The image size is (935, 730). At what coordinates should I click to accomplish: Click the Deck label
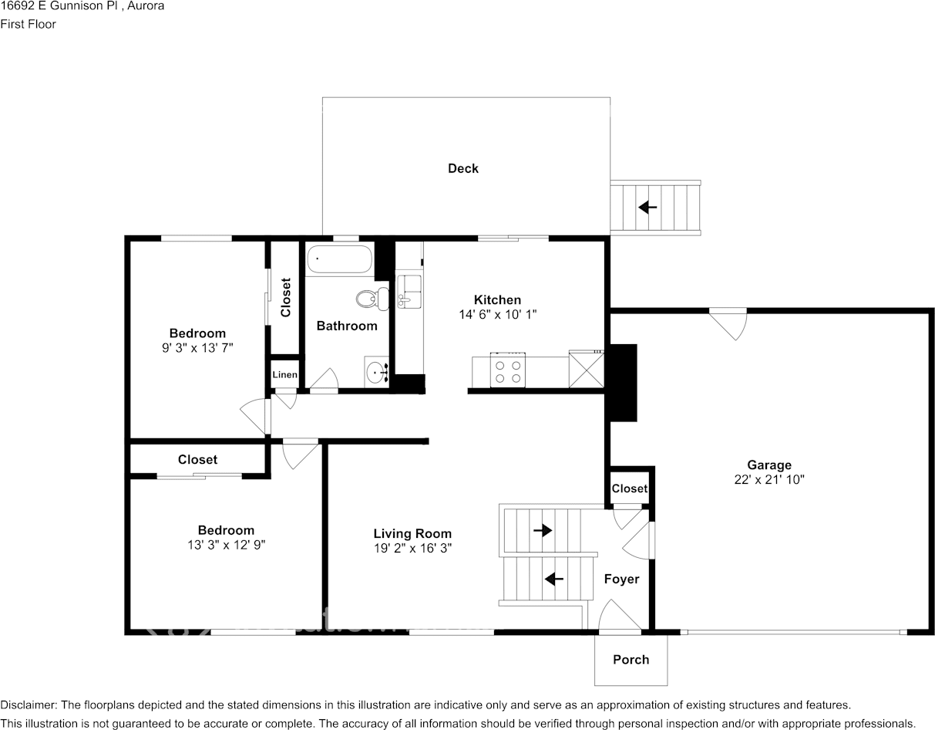(463, 168)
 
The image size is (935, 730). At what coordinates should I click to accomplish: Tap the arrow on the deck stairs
(647, 208)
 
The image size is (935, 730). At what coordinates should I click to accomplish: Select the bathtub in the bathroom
(339, 259)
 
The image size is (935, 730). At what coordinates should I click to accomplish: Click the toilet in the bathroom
(372, 299)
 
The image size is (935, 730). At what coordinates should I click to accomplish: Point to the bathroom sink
(377, 371)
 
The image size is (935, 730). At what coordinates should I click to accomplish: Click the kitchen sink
(409, 292)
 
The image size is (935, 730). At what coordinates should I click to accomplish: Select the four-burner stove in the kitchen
(508, 370)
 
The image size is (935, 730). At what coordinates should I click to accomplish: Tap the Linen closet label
(285, 375)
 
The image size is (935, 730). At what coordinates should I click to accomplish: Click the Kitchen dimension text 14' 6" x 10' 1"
(498, 314)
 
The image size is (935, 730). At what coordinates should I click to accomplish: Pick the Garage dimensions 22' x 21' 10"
(769, 480)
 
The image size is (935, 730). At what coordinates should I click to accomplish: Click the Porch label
(631, 660)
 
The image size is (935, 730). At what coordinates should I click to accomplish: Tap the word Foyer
(622, 580)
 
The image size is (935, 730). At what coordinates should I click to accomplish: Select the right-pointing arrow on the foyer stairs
(543, 530)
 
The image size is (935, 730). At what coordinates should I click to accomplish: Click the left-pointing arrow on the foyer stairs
(554, 579)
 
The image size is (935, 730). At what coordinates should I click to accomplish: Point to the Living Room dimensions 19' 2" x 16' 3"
(412, 548)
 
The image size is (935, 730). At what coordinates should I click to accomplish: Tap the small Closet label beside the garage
(630, 488)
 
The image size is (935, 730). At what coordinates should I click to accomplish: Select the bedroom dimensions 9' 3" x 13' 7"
(197, 347)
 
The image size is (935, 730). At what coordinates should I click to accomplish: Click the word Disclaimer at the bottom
(29, 705)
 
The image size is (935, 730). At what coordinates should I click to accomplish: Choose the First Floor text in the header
(28, 24)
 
